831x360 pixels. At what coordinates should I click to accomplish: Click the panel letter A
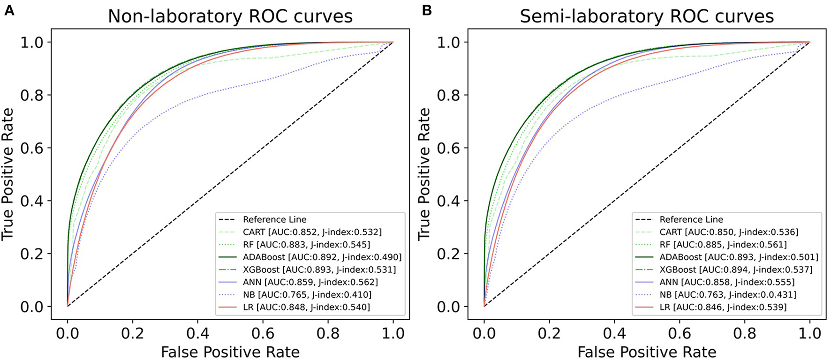pyautogui.click(x=8, y=10)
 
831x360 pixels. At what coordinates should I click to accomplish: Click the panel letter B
pyautogui.click(x=426, y=10)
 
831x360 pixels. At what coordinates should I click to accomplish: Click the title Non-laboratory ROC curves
pyautogui.click(x=230, y=16)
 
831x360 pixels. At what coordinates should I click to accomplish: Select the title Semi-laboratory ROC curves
pyautogui.click(x=647, y=16)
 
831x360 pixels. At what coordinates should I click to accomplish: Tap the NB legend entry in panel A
pyautogui.click(x=307, y=295)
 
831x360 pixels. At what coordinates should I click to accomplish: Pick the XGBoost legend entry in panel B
pyautogui.click(x=736, y=270)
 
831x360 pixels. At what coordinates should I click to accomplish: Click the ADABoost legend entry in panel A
pyautogui.click(x=322, y=257)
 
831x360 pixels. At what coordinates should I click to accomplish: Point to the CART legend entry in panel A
pyautogui.click(x=312, y=232)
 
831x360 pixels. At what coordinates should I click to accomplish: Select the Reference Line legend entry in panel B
pyautogui.click(x=691, y=219)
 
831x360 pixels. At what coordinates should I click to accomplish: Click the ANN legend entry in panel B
pyautogui.click(x=727, y=282)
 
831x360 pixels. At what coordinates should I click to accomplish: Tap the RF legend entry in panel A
pyautogui.click(x=306, y=245)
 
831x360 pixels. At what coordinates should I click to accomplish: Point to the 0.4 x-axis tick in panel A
pyautogui.click(x=197, y=333)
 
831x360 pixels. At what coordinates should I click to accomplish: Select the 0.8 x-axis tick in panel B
pyautogui.click(x=745, y=333)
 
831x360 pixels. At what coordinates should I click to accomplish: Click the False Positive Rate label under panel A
pyautogui.click(x=230, y=352)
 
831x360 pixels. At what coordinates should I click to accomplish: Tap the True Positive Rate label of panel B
pyautogui.click(x=424, y=174)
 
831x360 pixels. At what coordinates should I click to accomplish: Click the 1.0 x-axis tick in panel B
pyautogui.click(x=809, y=333)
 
